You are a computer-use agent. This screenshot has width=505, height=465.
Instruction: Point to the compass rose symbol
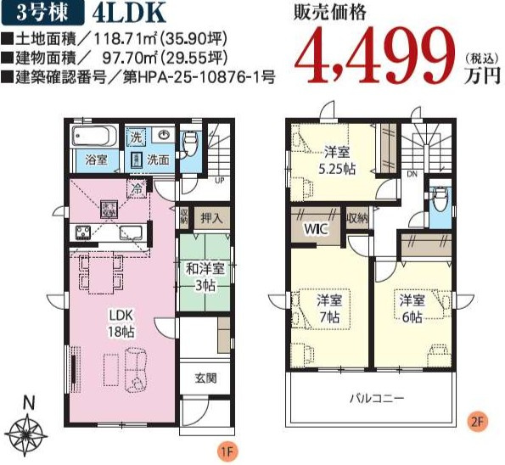[29, 429]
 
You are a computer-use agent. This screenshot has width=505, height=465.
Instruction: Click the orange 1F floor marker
[225, 450]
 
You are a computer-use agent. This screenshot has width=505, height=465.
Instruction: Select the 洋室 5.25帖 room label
[337, 160]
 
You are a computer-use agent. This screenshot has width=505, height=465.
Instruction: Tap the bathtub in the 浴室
[93, 137]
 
